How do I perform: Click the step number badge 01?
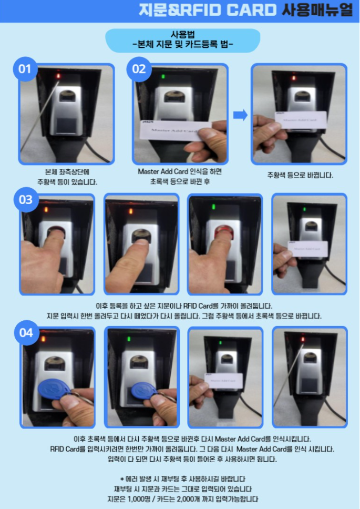(25, 69)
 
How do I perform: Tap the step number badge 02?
(139, 69)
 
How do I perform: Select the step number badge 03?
(26, 200)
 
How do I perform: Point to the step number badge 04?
(27, 333)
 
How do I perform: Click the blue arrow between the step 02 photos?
(240, 115)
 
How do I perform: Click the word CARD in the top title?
(251, 11)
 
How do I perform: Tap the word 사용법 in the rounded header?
(182, 35)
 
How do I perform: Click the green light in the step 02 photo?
(163, 77)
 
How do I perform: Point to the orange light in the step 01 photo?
(58, 76)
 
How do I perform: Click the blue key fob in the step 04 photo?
(55, 390)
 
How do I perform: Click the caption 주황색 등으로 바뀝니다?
(300, 175)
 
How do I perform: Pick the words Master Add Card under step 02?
(168, 171)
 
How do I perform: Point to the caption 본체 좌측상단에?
(67, 172)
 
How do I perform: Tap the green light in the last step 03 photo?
(304, 209)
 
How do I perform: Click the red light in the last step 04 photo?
(303, 340)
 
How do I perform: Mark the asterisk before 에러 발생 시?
(122, 479)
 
